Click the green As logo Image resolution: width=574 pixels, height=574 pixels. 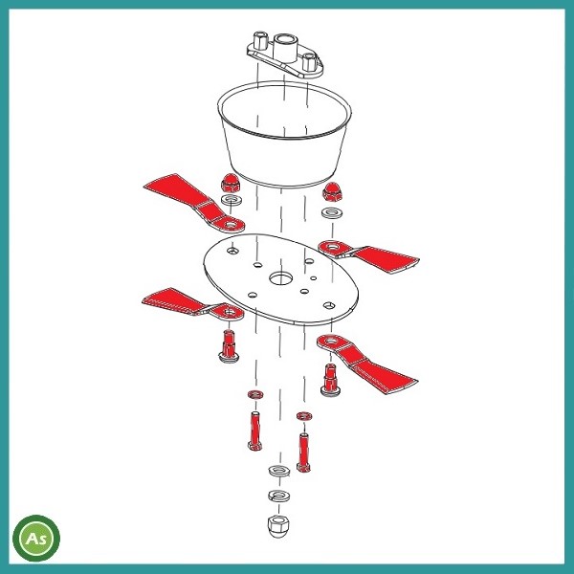tap(36, 538)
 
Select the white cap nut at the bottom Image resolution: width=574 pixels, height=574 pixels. tap(278, 526)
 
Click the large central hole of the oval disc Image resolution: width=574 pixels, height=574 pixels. tap(280, 278)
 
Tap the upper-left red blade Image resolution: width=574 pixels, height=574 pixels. tap(194, 203)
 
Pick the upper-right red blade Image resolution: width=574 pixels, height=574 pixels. tap(368, 255)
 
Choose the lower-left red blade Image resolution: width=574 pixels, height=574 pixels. tap(193, 304)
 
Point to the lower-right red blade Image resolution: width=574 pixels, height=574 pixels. tap(367, 364)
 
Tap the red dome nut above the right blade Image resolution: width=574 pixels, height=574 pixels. tap(332, 191)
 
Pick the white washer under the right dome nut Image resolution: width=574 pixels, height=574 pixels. tap(332, 212)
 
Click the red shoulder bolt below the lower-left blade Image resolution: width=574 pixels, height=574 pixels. tap(229, 346)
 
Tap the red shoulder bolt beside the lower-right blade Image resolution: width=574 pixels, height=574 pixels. tap(330, 380)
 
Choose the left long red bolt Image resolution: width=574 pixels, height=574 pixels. tap(254, 430)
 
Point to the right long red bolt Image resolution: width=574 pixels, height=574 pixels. tap(303, 453)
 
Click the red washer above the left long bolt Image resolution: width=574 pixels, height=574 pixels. tap(255, 394)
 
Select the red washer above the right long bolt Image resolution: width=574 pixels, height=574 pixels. tap(304, 416)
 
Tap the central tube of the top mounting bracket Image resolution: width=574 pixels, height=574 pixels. tap(284, 49)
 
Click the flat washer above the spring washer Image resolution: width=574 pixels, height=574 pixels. tap(279, 471)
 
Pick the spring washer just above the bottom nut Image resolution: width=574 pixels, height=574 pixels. tap(279, 496)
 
